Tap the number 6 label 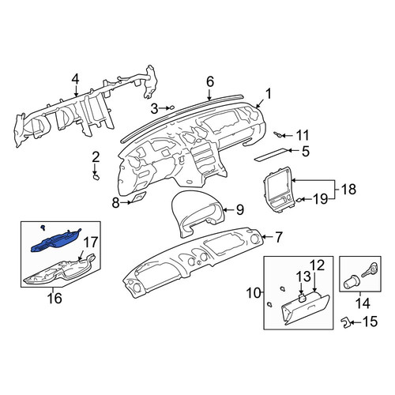(210, 82)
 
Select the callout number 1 (268, 94)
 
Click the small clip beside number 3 (171, 107)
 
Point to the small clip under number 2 (96, 177)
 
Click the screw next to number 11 (278, 135)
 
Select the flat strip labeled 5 (270, 154)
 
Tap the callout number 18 (348, 189)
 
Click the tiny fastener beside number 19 (299, 200)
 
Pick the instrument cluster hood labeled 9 (197, 213)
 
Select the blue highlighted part (56, 241)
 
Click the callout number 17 (91, 242)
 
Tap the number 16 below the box (55, 298)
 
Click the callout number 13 (304, 276)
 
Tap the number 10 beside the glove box (254, 293)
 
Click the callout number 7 (279, 237)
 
